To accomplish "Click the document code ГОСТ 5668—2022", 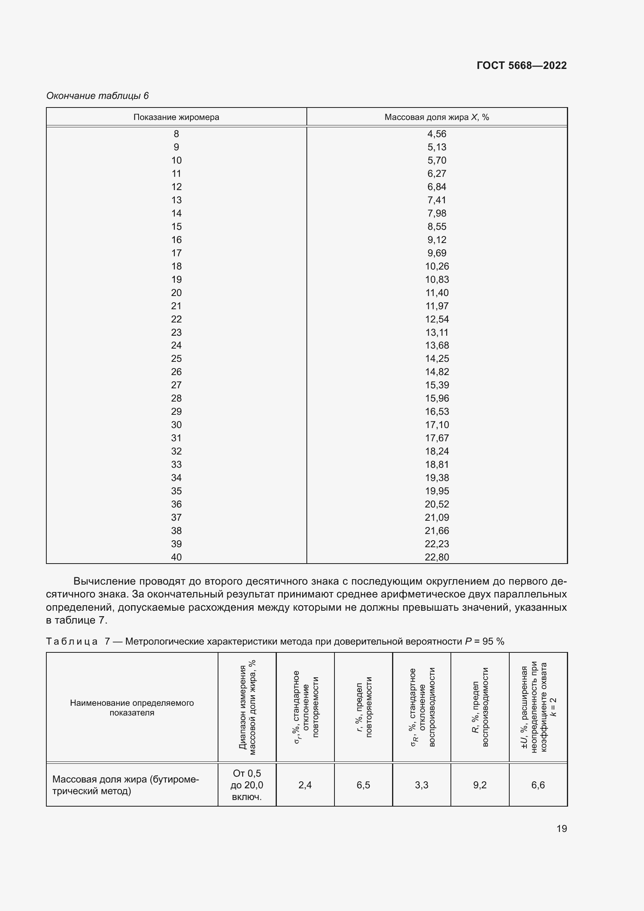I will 521,65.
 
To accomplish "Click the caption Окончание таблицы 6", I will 98,96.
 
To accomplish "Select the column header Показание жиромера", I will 176,117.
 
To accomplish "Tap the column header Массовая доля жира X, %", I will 436,117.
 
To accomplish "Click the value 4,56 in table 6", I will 436,134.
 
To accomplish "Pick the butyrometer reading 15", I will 176,227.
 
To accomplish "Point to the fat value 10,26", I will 436,266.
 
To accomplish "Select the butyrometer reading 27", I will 176,385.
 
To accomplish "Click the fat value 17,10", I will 436,425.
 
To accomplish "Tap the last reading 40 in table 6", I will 176,557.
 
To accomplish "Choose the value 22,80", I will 436,557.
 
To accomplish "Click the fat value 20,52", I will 436,504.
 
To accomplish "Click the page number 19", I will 561,828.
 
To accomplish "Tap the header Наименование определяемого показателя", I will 132,707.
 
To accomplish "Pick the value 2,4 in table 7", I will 305,785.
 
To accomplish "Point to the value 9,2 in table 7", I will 479,785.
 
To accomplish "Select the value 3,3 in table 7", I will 421,785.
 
